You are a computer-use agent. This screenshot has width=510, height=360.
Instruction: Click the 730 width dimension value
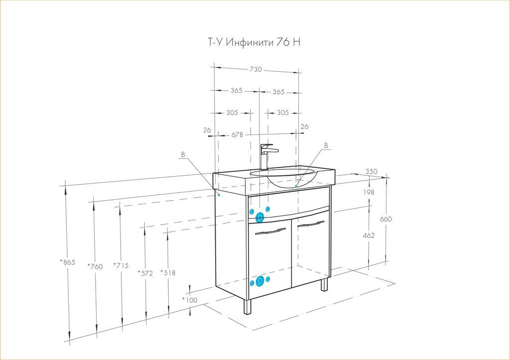point(255,70)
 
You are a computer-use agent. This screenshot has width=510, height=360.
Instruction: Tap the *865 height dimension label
point(67,262)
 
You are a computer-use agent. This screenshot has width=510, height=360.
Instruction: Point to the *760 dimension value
point(94,266)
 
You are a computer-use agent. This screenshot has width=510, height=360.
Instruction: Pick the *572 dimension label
point(145,272)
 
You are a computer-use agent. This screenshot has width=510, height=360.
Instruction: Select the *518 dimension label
point(168,272)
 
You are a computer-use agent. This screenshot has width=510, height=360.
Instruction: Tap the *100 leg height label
point(190,300)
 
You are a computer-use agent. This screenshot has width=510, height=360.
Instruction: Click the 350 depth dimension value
point(371,172)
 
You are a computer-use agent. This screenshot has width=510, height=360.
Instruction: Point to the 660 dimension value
point(386,220)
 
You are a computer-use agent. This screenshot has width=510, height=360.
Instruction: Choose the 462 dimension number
point(369,236)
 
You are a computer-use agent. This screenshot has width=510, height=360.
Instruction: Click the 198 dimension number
point(369,192)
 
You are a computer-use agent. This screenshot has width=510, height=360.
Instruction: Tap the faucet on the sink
point(265,156)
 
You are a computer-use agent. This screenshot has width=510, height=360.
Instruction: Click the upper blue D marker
point(259,217)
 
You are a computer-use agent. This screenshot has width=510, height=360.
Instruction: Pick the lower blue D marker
point(259,282)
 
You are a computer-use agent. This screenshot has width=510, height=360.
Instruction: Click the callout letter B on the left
point(183,155)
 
